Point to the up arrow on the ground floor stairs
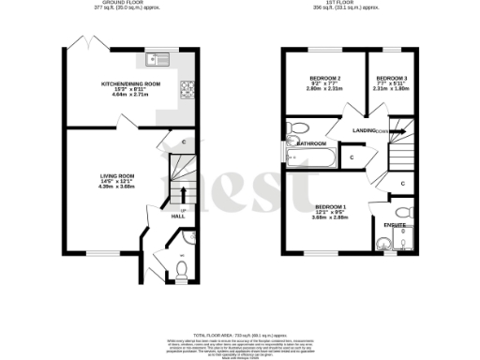coord(181,194)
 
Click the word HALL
coord(178,217)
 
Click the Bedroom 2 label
coord(324,78)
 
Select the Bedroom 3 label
coord(393,78)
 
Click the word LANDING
coord(365,130)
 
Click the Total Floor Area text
coord(239,335)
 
